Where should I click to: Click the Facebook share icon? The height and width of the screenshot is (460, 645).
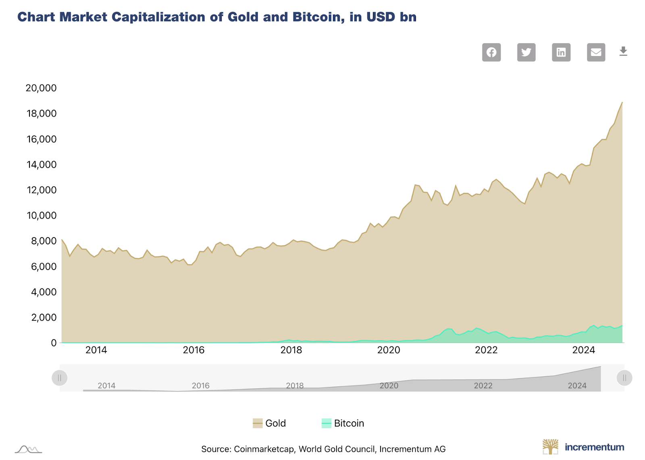click(x=491, y=52)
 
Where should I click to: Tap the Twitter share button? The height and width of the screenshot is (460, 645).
click(x=526, y=52)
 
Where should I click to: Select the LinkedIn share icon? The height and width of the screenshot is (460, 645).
click(x=561, y=52)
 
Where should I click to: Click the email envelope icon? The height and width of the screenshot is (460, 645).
click(x=596, y=52)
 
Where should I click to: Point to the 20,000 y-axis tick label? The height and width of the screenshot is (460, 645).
click(x=41, y=88)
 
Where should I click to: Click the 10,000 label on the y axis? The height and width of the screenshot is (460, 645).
click(x=41, y=215)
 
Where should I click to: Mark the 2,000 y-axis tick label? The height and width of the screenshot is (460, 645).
click(x=44, y=317)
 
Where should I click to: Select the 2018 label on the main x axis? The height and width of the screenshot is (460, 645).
click(x=291, y=350)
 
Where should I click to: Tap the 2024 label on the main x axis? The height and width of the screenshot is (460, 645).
click(x=583, y=350)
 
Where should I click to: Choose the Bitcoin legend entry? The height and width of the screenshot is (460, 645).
click(x=343, y=423)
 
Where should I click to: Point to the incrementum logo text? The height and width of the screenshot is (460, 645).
click(x=594, y=447)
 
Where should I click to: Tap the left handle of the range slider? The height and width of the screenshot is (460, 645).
click(x=60, y=378)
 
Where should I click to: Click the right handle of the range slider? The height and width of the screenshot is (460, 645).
click(x=624, y=378)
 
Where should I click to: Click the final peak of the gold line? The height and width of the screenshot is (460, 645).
click(x=622, y=102)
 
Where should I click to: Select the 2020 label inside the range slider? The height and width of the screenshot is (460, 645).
click(x=389, y=385)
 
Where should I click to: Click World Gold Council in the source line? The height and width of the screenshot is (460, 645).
click(x=337, y=449)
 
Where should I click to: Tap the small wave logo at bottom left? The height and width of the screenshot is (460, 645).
click(x=28, y=449)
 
